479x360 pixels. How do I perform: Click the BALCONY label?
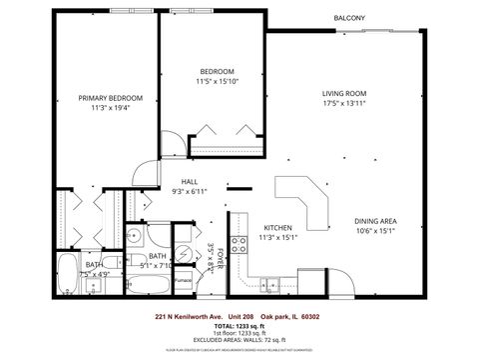click(348, 18)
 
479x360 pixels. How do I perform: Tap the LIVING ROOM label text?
click(344, 94)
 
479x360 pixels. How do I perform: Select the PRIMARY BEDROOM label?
click(111, 98)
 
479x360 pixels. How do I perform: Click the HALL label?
click(189, 182)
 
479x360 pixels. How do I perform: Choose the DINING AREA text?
click(375, 220)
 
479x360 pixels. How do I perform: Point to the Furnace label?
click(184, 280)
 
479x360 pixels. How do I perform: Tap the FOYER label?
click(223, 259)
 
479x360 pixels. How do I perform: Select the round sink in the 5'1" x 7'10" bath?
click(134, 236)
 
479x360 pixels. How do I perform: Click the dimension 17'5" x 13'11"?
click(344, 103)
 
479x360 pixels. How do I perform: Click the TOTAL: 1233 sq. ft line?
click(239, 325)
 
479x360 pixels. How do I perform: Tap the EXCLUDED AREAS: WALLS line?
click(239, 340)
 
